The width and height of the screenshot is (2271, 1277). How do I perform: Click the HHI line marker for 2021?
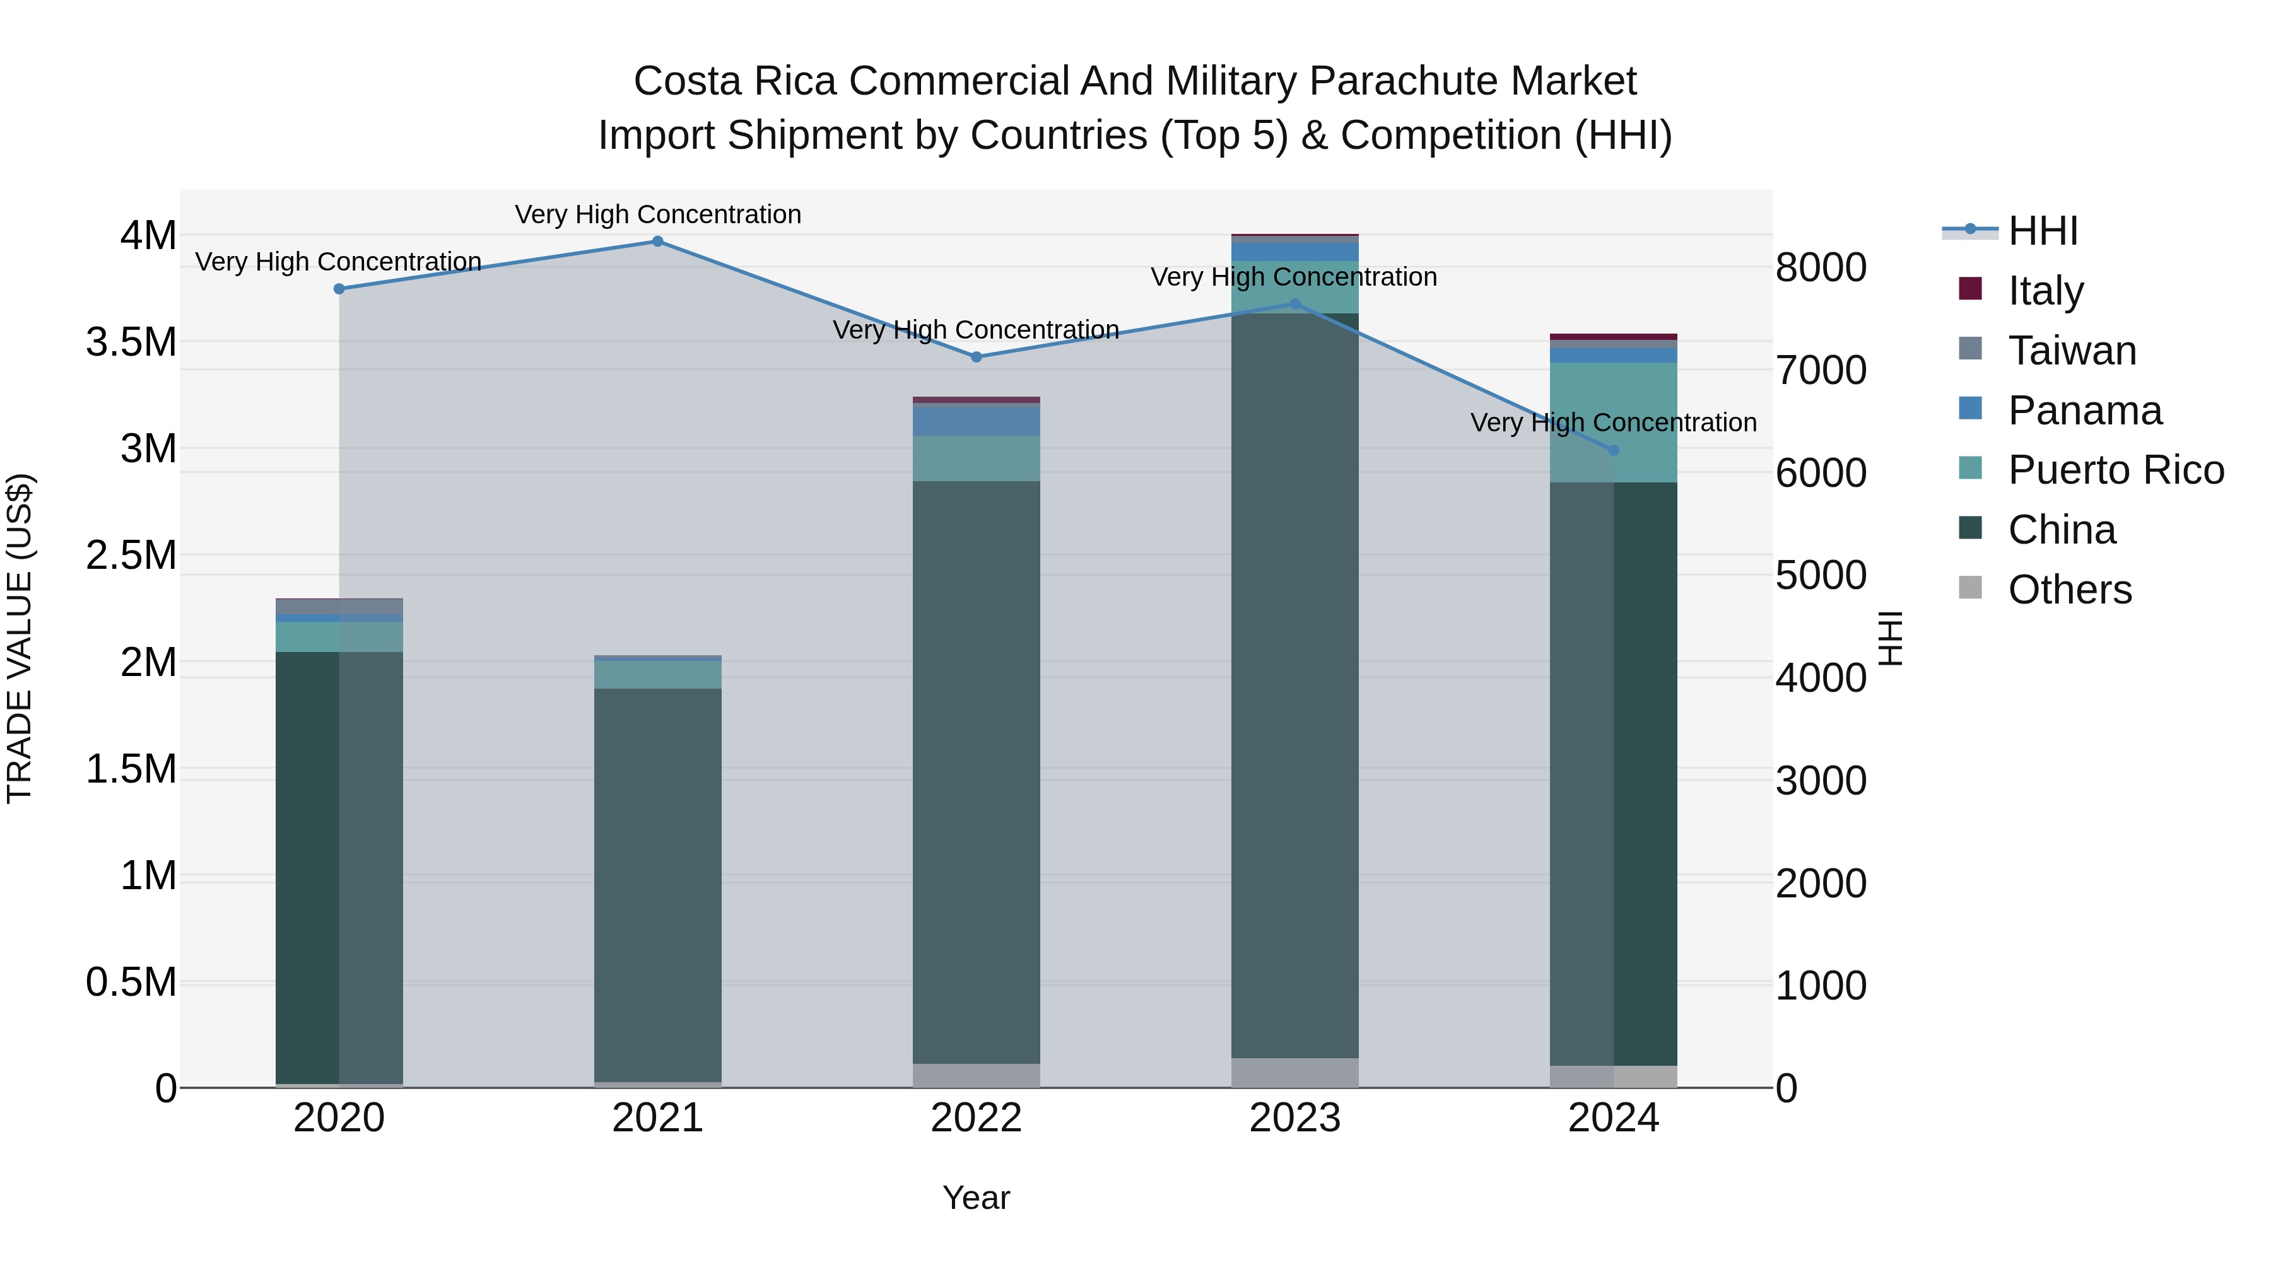658,242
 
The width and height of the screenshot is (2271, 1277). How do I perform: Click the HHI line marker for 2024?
1613,450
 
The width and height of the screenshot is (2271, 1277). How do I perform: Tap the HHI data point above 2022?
976,357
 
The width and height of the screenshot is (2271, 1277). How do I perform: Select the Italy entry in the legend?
2045,291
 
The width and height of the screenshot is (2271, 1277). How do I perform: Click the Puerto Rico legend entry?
2116,470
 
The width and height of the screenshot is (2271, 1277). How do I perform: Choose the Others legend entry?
2069,590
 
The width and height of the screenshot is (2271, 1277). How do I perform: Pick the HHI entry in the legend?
2042,231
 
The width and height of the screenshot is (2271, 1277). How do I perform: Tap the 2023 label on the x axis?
1294,1118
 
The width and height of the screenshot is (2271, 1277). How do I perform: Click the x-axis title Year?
976,1198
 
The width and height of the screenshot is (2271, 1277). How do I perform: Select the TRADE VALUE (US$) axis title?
20,639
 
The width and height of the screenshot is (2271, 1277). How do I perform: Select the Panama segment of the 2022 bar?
976,421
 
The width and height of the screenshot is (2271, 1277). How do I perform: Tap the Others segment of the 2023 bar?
1294,1073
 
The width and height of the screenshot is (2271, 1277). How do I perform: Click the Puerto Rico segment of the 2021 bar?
658,674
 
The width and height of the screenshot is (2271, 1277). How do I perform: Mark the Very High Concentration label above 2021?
658,214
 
